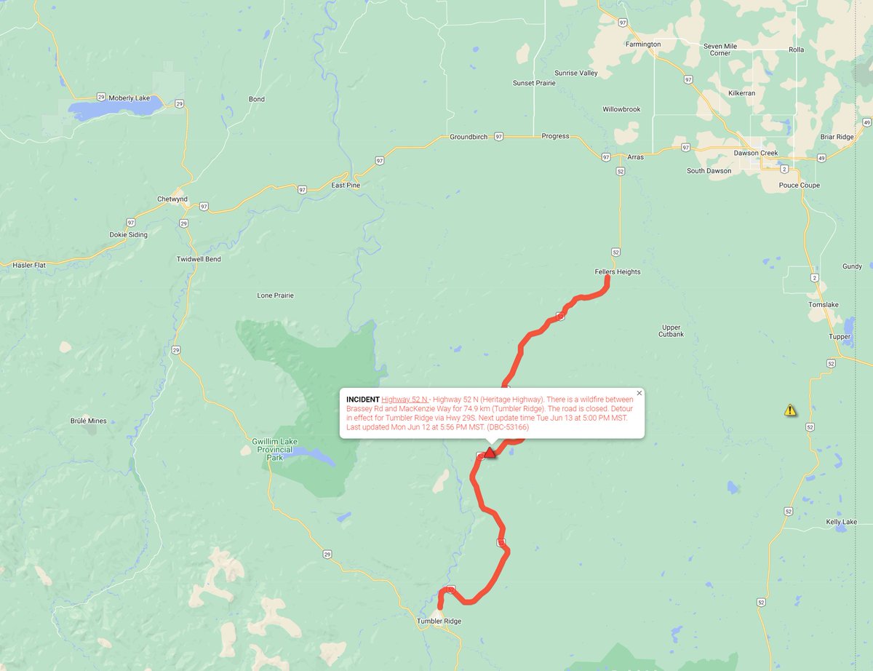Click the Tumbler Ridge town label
tap(439, 621)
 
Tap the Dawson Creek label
tap(755, 153)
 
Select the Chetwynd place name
tap(172, 199)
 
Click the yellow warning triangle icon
tap(790, 410)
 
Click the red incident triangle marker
tap(490, 453)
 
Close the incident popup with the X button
tap(639, 393)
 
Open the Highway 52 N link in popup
tap(404, 400)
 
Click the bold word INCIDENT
tap(362, 400)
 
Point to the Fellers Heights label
tap(618, 271)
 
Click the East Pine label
tap(346, 186)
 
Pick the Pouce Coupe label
tap(799, 186)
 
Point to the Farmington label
tap(643, 44)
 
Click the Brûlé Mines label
tap(88, 421)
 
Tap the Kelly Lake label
tap(841, 522)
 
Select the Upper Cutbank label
tap(671, 330)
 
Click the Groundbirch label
tap(469, 137)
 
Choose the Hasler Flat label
tap(29, 266)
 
